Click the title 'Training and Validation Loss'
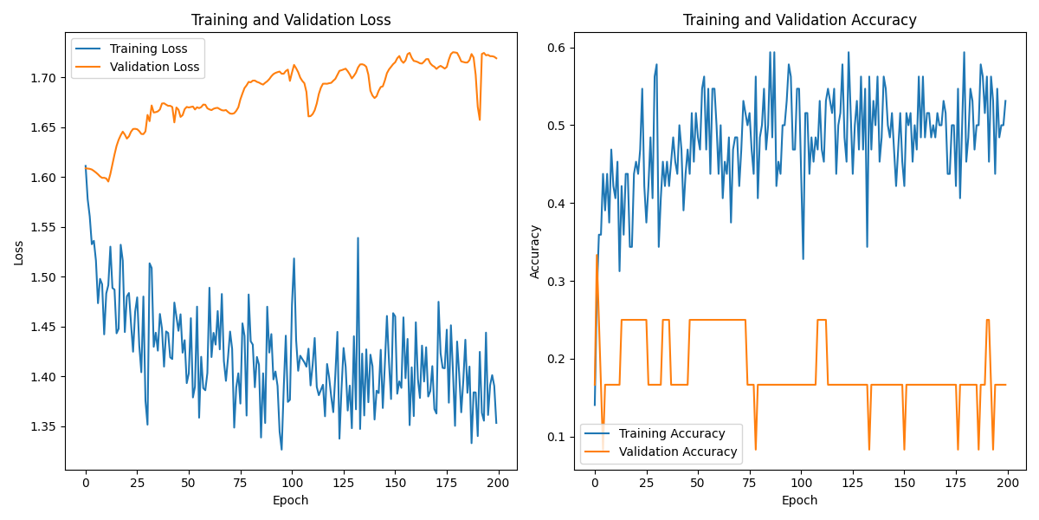(x=291, y=20)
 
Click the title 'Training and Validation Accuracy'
(x=799, y=20)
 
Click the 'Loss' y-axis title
(x=19, y=252)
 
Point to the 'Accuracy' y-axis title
(x=535, y=252)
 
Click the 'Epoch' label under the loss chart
(x=291, y=500)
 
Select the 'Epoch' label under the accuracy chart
(x=799, y=500)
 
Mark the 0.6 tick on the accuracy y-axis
(x=556, y=48)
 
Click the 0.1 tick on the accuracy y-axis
(x=556, y=437)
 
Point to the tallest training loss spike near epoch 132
(x=358, y=238)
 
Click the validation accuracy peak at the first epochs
(x=597, y=256)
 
